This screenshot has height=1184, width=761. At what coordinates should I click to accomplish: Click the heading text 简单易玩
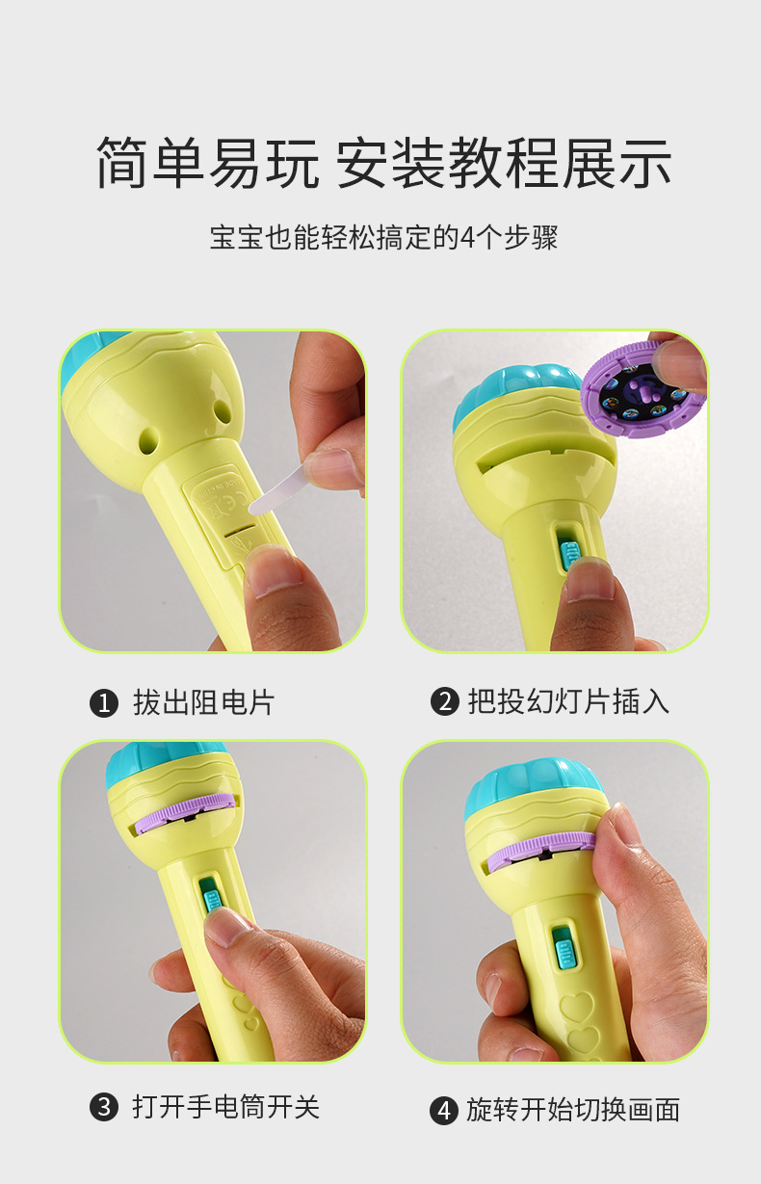pyautogui.click(x=207, y=162)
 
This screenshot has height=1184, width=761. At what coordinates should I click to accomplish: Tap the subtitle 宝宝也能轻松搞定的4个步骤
pyautogui.click(x=383, y=237)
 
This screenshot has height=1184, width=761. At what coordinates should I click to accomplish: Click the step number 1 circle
pyautogui.click(x=103, y=703)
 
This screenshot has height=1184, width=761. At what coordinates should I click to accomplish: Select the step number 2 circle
pyautogui.click(x=443, y=701)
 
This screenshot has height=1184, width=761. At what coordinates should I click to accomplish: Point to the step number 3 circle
pyautogui.click(x=103, y=1107)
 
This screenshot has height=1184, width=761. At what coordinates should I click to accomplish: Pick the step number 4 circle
pyautogui.click(x=443, y=1111)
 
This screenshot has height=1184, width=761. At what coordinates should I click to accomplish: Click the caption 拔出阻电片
pyautogui.click(x=203, y=702)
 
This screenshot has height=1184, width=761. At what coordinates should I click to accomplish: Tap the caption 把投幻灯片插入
pyautogui.click(x=568, y=701)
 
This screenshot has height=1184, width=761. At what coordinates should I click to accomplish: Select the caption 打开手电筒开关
pyautogui.click(x=225, y=1107)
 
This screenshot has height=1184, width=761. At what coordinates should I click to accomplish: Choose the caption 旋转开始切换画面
pyautogui.click(x=573, y=1110)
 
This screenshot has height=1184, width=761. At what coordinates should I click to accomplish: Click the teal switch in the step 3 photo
pyautogui.click(x=211, y=895)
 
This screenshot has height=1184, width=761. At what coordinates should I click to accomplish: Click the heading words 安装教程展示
pyautogui.click(x=503, y=162)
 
